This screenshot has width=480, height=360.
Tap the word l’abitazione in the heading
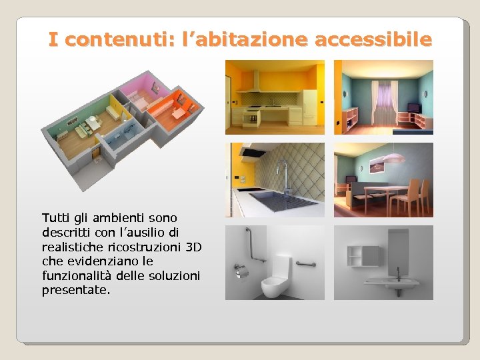click(243, 40)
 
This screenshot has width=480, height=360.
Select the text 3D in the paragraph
click(193, 247)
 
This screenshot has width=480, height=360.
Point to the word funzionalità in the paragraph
click(73, 276)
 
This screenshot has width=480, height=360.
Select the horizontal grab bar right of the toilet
click(305, 265)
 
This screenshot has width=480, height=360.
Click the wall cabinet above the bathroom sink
click(363, 255)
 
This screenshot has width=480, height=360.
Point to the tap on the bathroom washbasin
click(398, 273)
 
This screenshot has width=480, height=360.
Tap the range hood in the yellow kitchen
click(254, 84)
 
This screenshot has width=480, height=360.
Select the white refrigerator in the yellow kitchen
click(309, 106)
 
